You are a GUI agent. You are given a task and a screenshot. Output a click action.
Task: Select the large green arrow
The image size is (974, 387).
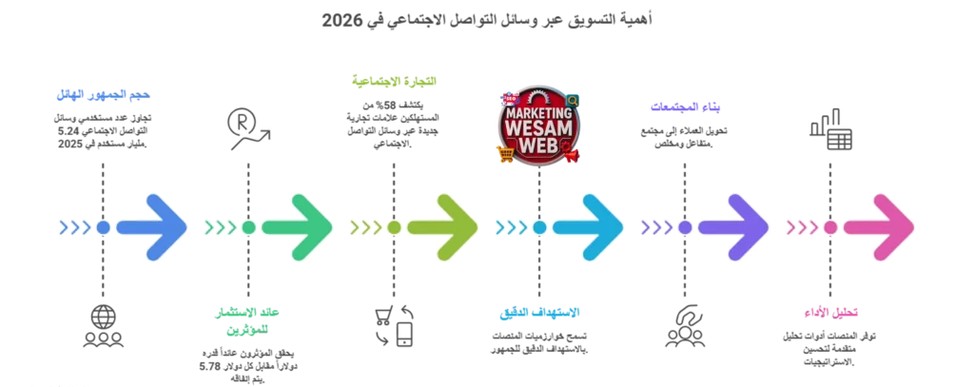point(298,227)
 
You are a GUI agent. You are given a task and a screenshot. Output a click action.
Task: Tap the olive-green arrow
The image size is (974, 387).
point(443,227)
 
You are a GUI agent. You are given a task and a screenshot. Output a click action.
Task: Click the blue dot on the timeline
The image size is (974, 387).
point(103,227)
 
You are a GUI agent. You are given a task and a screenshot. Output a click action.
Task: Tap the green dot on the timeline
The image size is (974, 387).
point(248,227)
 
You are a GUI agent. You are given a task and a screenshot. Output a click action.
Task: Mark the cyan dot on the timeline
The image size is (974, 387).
point(539,227)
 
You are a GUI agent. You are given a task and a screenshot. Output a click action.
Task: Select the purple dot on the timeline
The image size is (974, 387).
point(685,227)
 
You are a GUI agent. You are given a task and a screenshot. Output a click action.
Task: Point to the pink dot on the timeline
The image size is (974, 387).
point(830,227)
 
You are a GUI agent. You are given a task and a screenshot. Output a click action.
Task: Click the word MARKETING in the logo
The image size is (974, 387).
point(539,109)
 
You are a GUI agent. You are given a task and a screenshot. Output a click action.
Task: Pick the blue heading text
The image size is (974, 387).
point(103,94)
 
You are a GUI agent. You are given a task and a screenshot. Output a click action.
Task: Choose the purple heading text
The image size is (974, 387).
point(684,106)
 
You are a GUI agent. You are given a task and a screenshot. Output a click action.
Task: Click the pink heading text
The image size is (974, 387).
point(829,311)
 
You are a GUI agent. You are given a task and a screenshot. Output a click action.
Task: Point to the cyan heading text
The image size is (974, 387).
point(539,312)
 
